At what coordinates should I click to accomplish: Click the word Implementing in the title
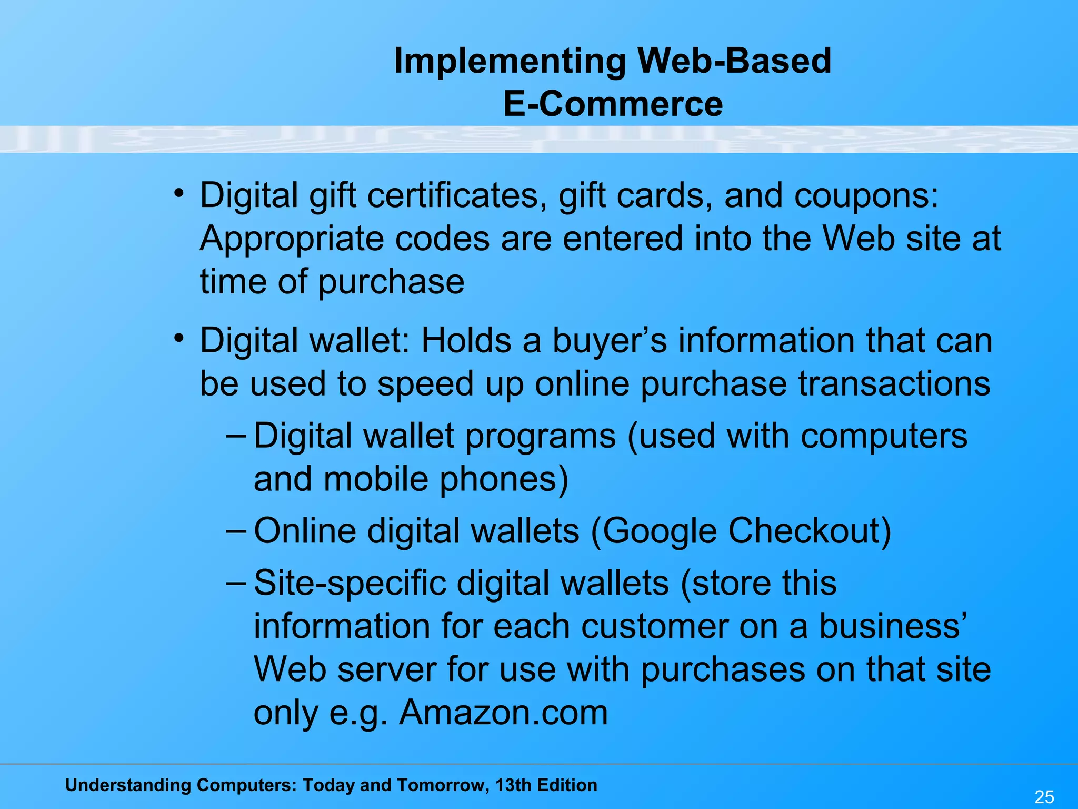[x=510, y=61]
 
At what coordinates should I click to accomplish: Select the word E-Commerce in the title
[x=613, y=104]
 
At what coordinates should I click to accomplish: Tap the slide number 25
[x=1044, y=796]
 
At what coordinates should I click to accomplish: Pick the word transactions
[x=894, y=383]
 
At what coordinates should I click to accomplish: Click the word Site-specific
[x=350, y=584]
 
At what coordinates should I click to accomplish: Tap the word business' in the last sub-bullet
[x=893, y=627]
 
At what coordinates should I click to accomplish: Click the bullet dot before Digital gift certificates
[x=179, y=193]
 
